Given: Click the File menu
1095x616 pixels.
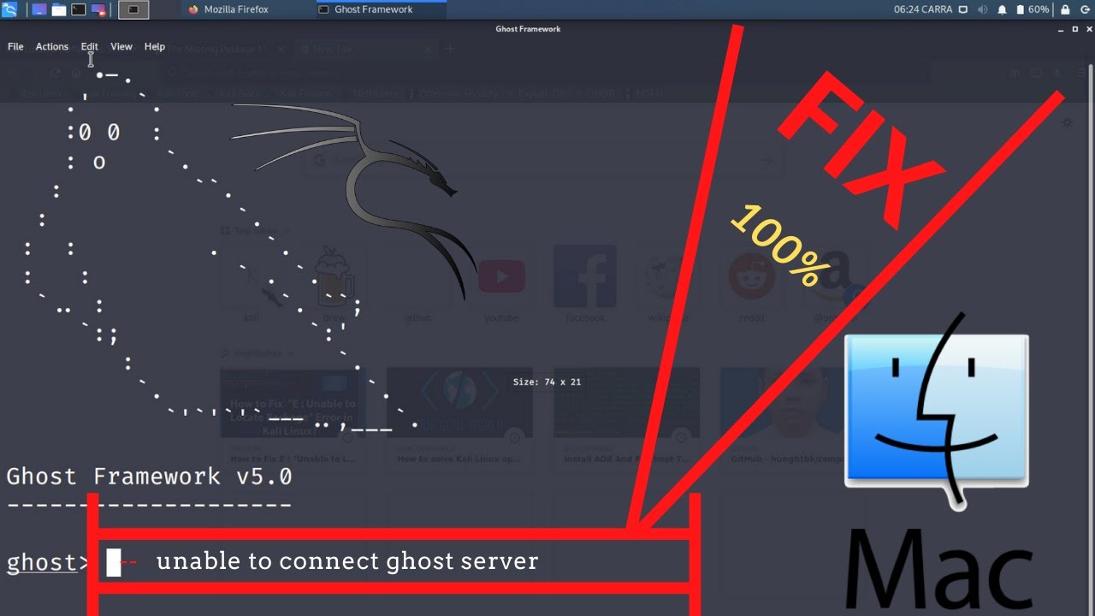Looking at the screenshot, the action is [x=15, y=47].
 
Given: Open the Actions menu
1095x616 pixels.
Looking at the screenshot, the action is [x=51, y=47].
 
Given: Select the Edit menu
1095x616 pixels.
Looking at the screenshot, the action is [x=89, y=47].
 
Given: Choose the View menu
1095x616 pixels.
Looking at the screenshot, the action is [x=121, y=47].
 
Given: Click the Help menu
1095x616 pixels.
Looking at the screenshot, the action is [x=155, y=47].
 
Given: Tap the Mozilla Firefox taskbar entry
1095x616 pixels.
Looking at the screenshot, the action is [x=228, y=9].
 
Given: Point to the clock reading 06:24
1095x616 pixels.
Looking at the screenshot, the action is [x=910, y=9].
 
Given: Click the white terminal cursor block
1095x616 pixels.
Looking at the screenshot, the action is [x=113, y=562].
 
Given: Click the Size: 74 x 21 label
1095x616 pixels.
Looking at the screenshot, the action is [x=547, y=382].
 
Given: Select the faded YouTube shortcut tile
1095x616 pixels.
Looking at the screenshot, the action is [x=501, y=278].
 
